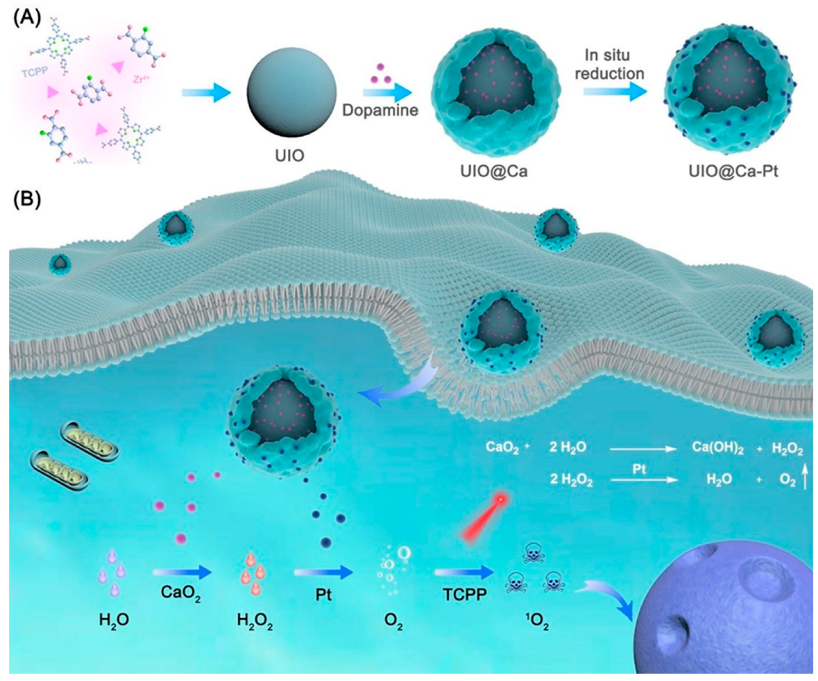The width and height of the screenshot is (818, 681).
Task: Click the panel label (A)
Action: click(x=26, y=19)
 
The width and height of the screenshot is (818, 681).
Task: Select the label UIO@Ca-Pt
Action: click(x=733, y=171)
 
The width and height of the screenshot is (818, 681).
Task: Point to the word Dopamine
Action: click(x=380, y=110)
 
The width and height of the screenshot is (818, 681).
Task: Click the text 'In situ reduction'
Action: click(x=609, y=64)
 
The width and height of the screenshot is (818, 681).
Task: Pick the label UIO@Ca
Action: click(x=494, y=171)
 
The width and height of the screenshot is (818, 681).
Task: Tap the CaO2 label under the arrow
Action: click(x=180, y=593)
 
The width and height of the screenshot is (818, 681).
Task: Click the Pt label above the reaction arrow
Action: click(x=639, y=469)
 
